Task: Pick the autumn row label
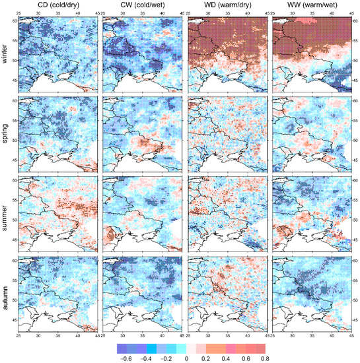click(x=6, y=299)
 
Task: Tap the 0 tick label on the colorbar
click(x=187, y=357)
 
